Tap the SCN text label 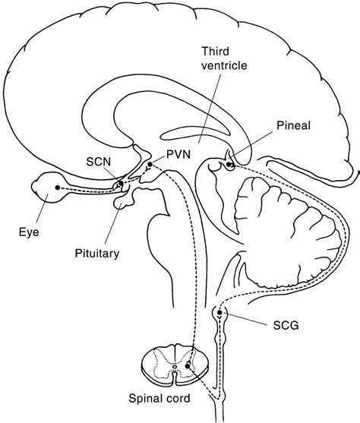click(x=98, y=161)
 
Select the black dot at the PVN click(x=150, y=163)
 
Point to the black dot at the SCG click(x=220, y=312)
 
